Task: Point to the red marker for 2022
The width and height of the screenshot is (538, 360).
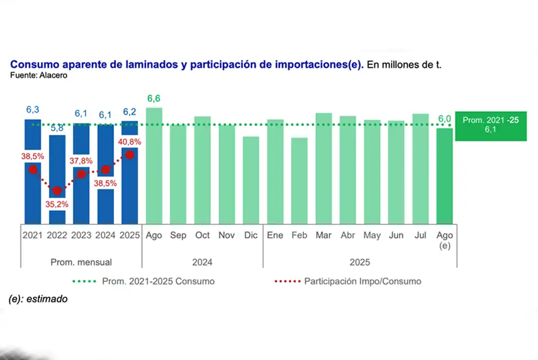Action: coord(58,191)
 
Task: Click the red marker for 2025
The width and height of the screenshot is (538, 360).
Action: coord(130,155)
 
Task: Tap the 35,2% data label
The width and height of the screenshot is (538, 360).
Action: coord(58,204)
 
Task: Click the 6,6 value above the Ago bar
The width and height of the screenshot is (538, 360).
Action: coord(154,98)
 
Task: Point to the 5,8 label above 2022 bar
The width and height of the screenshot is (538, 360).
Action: coord(57,128)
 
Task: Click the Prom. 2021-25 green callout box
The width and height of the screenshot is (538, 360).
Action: coord(490,126)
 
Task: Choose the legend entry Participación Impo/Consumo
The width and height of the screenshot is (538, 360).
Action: coord(362,281)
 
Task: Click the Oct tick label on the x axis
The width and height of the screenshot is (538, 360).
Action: coord(202,236)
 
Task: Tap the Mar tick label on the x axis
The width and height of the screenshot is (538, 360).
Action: coord(323,236)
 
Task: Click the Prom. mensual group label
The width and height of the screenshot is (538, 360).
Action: coord(81,263)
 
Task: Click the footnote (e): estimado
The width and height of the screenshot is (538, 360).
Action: coord(38,299)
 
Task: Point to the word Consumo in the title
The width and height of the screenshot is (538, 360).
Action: coord(32,64)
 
